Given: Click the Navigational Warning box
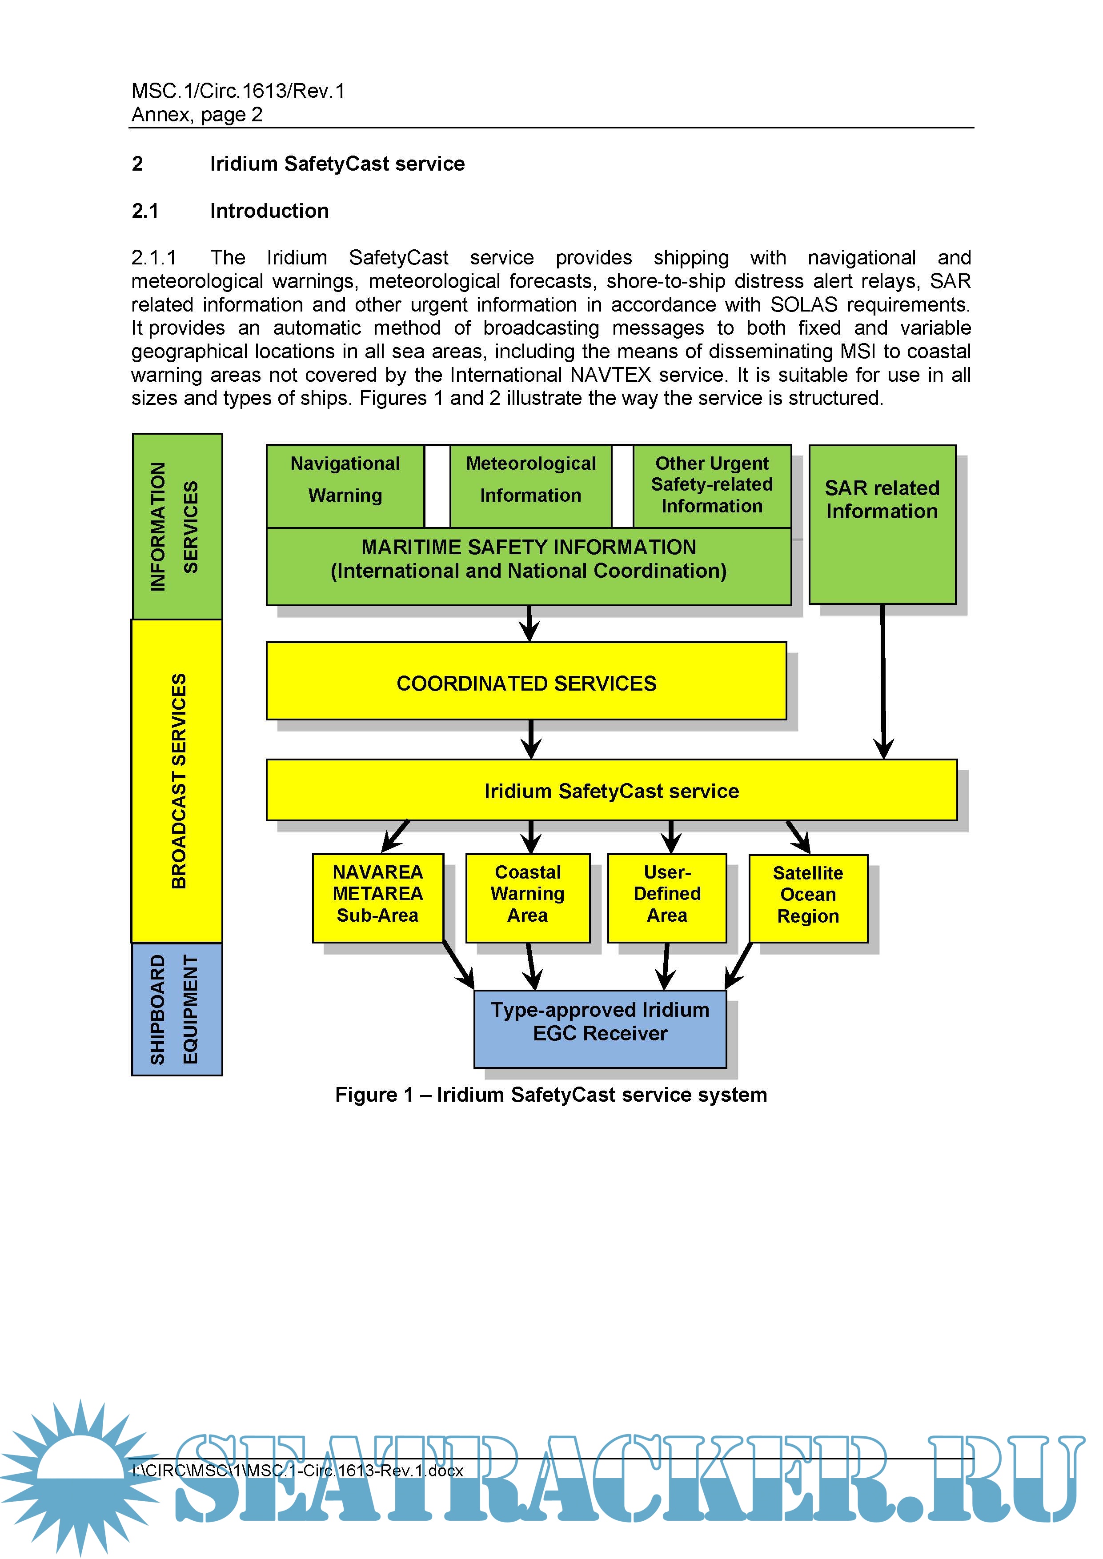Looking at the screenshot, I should tap(345, 485).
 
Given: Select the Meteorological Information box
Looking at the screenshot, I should tap(530, 485).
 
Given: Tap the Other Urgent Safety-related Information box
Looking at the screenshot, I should tap(712, 485).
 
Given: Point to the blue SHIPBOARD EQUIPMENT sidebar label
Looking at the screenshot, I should tap(176, 1009).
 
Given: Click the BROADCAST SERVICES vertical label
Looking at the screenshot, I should tap(177, 781).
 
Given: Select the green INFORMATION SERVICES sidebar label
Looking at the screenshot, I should tap(176, 526).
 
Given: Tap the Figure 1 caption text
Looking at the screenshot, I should tap(551, 1095).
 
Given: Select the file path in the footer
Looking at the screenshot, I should tap(297, 1471).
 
